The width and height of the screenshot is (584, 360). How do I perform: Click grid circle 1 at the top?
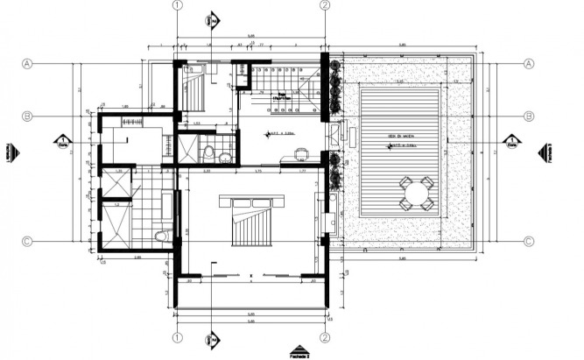(x=177, y=5)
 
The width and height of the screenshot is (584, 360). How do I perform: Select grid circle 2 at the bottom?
(x=324, y=336)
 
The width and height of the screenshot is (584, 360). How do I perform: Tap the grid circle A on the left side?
(x=27, y=64)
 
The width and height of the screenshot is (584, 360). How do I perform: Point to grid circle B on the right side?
(x=529, y=116)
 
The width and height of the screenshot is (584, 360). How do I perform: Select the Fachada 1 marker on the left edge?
(x=10, y=152)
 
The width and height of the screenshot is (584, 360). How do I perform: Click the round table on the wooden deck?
(x=415, y=193)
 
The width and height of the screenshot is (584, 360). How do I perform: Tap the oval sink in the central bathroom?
(x=225, y=158)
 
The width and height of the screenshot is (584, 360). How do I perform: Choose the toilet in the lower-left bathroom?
(x=160, y=236)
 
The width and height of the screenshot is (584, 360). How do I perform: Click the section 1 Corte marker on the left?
(x=63, y=142)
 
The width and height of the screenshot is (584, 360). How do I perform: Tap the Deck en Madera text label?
(x=402, y=137)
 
